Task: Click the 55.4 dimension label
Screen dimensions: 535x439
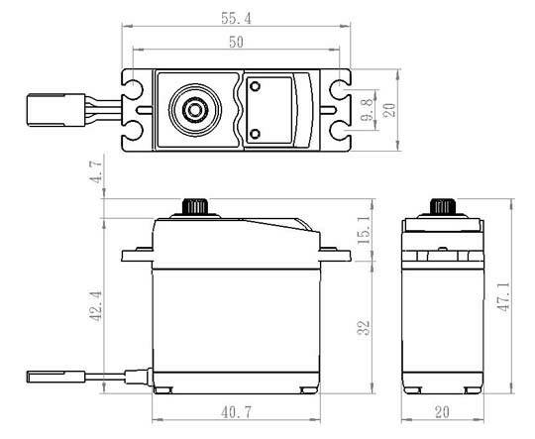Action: (236, 19)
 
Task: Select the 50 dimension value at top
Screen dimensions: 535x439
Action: (236, 42)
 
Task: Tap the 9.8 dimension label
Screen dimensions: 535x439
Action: (367, 110)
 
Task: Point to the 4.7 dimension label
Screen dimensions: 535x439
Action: (96, 172)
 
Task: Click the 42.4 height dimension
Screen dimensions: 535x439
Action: (95, 306)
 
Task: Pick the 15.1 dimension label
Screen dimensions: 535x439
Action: (364, 229)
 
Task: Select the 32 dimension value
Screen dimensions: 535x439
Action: (364, 328)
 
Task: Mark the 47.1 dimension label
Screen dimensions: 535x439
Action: (503, 296)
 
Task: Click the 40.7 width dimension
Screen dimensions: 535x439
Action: (236, 412)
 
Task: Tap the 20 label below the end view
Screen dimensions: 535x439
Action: (443, 412)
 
